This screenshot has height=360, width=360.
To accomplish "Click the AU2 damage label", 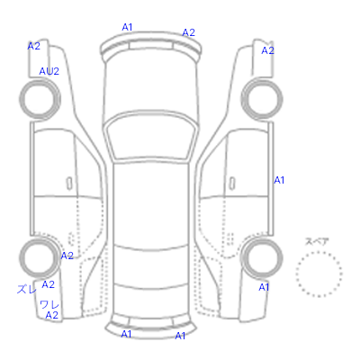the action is (x=49, y=71).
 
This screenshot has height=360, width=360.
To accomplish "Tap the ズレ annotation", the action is (x=27, y=289).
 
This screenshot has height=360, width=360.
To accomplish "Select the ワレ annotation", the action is (x=49, y=305).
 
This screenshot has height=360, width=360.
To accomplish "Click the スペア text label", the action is (x=317, y=242).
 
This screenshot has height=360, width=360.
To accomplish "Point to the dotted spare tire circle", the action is (x=319, y=252).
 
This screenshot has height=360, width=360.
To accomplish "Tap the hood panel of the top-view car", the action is (x=151, y=84).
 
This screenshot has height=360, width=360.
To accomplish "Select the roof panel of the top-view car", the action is (x=151, y=204).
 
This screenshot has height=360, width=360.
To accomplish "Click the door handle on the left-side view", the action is (x=69, y=184).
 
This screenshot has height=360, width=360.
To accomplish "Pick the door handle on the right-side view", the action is (x=232, y=184).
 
